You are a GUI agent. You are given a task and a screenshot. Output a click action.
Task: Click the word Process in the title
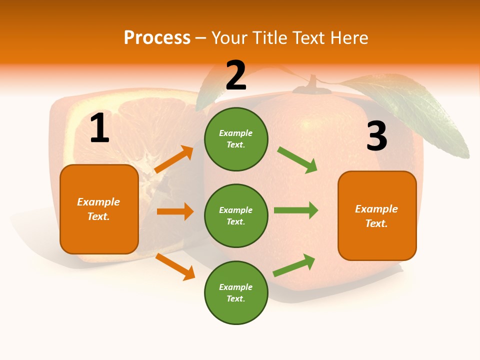157,37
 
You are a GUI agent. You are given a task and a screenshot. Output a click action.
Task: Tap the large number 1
99,128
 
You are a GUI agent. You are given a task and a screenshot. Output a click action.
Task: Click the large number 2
236,75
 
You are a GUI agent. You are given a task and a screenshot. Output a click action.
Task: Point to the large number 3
376,136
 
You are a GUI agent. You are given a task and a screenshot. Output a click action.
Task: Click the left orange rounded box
99,209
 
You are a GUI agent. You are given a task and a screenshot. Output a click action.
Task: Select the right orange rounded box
377,216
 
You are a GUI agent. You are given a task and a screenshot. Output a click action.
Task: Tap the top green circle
236,139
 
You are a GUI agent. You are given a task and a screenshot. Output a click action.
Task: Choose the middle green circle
236,215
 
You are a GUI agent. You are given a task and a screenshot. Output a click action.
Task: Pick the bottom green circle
236,292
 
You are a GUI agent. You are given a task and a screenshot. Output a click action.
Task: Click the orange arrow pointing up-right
174,159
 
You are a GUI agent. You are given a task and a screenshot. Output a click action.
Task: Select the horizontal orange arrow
175,211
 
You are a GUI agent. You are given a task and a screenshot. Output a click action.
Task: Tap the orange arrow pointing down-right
175,267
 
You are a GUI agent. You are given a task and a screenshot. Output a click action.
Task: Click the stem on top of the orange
313,84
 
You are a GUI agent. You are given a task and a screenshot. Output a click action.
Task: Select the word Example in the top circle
236,133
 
